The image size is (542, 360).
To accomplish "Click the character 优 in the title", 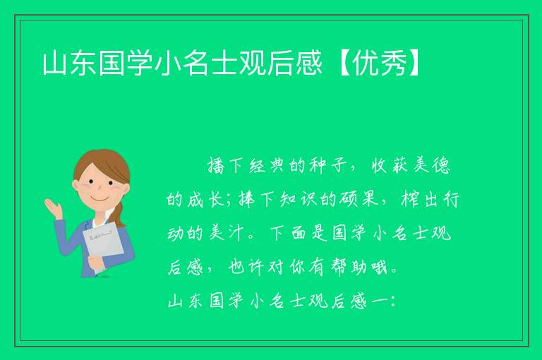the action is (x=365, y=63).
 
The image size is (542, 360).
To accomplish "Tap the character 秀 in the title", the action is (x=392, y=63).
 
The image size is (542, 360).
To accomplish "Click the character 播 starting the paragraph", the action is (x=217, y=165).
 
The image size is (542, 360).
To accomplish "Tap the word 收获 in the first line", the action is (x=390, y=166).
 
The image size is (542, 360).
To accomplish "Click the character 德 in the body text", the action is (x=441, y=166).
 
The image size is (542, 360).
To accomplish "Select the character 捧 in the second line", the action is (x=248, y=199).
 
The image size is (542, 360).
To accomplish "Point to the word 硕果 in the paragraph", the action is (x=358, y=199).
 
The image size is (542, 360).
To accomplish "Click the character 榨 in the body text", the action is (x=410, y=199).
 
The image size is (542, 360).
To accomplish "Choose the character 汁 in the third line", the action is (x=236, y=233).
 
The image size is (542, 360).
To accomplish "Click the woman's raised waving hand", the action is (x=54, y=208).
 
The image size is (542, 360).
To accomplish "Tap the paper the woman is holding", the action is (x=104, y=242).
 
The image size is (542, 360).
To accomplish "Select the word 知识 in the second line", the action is (x=296, y=199).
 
